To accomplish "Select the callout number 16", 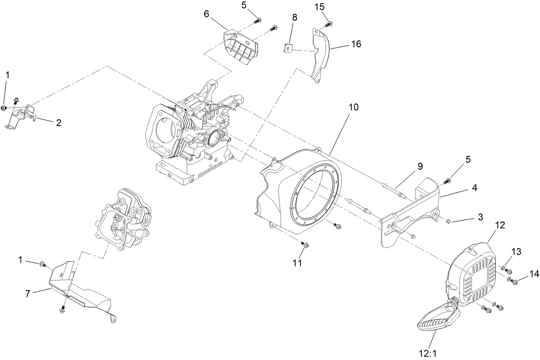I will (x=356, y=44).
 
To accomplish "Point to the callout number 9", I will (x=419, y=166).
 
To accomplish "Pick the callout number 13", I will (x=516, y=251).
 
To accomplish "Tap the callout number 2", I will (x=58, y=122).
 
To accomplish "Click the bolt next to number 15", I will (x=329, y=24).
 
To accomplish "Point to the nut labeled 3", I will (x=447, y=221).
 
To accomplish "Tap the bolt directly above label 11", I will (x=305, y=245).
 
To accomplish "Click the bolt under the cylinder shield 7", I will (x=63, y=308).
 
